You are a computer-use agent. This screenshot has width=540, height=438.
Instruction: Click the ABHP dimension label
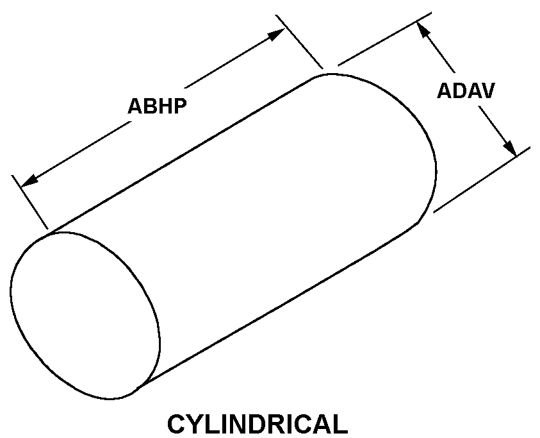click(x=157, y=106)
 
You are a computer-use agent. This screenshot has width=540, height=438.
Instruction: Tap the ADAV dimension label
click(x=465, y=91)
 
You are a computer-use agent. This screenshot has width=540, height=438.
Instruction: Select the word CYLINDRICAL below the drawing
click(x=257, y=425)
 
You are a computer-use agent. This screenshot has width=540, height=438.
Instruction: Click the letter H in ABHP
click(x=165, y=106)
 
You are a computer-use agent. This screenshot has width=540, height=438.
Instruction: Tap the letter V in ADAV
click(x=486, y=91)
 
